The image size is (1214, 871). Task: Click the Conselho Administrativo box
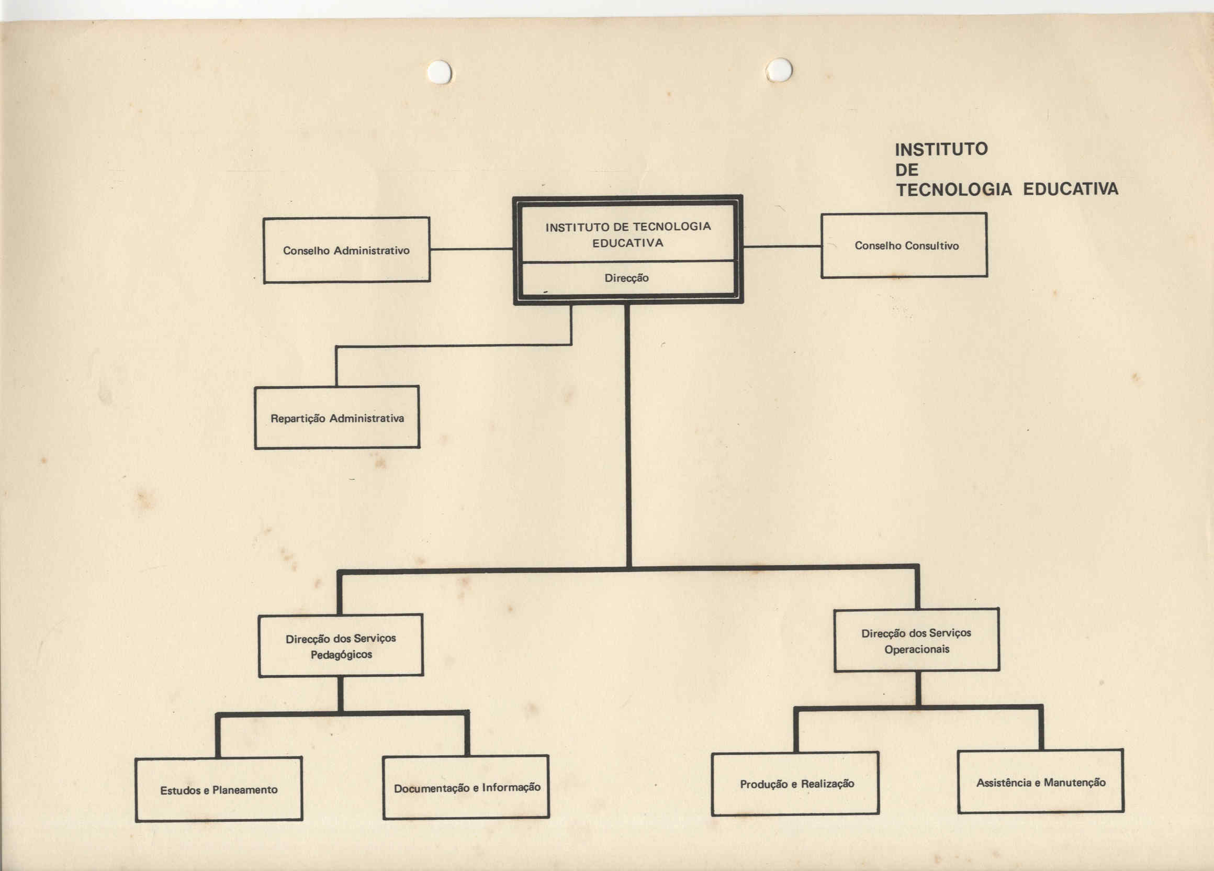pos(346,250)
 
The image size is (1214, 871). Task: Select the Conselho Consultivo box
pos(904,245)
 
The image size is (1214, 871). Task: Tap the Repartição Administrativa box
pos(336,417)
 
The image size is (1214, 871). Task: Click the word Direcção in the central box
pos(626,278)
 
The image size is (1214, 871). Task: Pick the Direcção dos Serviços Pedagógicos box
pos(341,645)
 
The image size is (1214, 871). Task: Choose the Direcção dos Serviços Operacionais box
pos(916,640)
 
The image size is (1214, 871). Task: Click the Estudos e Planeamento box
pos(218,789)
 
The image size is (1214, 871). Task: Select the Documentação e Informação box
pos(466,787)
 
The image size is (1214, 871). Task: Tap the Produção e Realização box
pos(795,784)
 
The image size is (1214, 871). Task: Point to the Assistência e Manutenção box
pos(1040,781)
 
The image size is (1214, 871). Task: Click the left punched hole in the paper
pos(440,72)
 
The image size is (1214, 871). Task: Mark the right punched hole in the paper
pos(779,70)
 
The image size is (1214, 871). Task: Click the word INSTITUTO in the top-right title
pos(941,149)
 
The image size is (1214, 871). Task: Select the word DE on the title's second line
pos(907,170)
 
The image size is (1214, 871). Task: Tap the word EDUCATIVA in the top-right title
pos(1071,189)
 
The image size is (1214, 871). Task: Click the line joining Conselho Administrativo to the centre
pos(471,249)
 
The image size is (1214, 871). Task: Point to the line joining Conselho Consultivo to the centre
pos(782,246)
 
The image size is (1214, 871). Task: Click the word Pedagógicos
pos(341,655)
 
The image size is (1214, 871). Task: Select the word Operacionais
pos(916,650)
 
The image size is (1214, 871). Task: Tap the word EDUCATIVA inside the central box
pos(627,243)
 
